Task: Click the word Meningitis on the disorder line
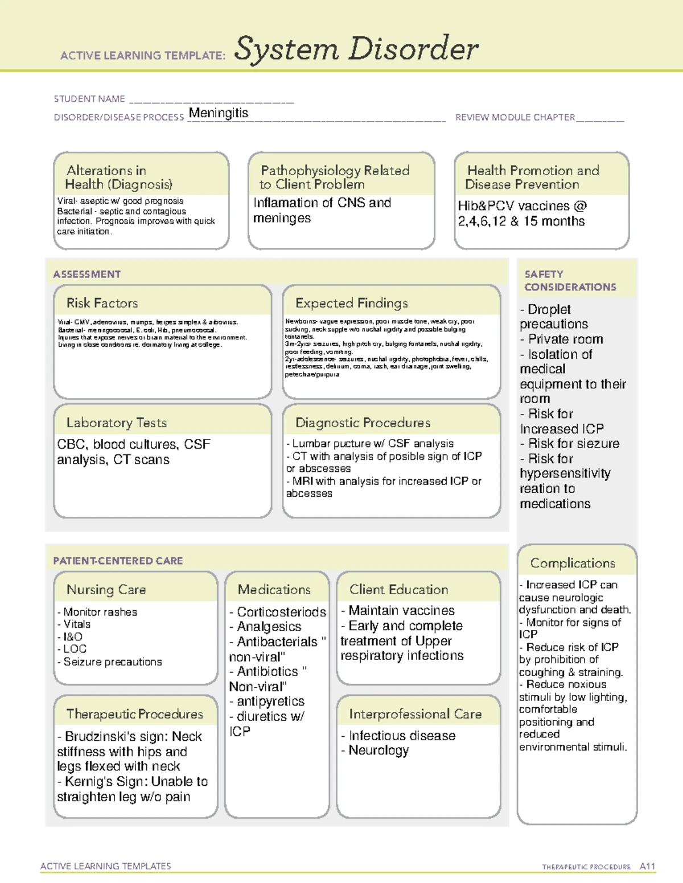pyautogui.click(x=219, y=113)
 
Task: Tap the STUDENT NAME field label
pyautogui.click(x=89, y=99)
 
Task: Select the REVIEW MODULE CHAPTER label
pyautogui.click(x=515, y=118)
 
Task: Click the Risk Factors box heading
pyautogui.click(x=102, y=303)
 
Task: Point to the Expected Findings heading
pyautogui.click(x=351, y=303)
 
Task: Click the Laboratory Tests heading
pyautogui.click(x=117, y=422)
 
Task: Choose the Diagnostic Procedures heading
pyautogui.click(x=363, y=422)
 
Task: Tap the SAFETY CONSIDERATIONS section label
pyautogui.click(x=570, y=281)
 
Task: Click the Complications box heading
pyautogui.click(x=573, y=563)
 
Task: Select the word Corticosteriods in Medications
pyautogui.click(x=281, y=612)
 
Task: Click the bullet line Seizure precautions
pyautogui.click(x=112, y=662)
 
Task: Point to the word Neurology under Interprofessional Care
pyautogui.click(x=378, y=751)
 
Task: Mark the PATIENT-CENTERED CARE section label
pyautogui.click(x=118, y=561)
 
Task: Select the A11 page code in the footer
pyautogui.click(x=647, y=867)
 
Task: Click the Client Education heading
pyautogui.click(x=398, y=590)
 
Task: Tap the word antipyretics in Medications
pyautogui.click(x=270, y=702)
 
